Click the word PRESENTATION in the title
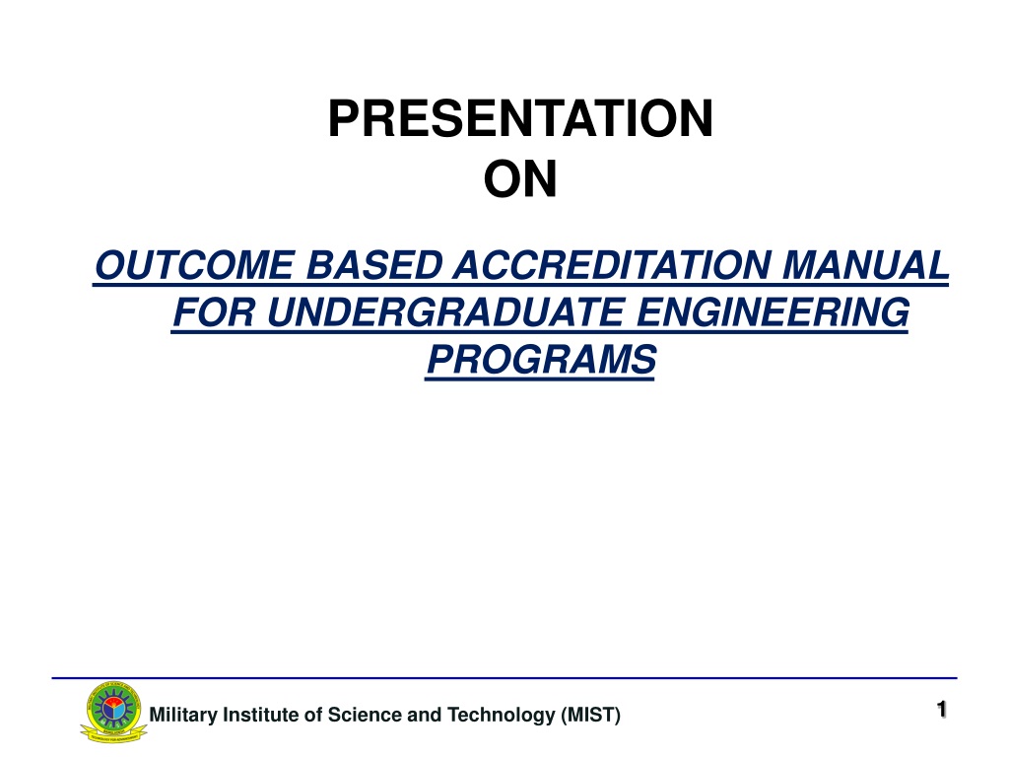520,118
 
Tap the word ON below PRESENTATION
520,179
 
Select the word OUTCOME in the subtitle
196,265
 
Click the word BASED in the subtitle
374,265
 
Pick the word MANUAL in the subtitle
865,265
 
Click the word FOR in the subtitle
214,312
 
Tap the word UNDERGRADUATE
445,312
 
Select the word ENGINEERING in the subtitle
773,312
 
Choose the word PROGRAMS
541,359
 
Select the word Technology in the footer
501,716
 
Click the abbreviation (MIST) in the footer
590,716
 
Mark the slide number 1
941,710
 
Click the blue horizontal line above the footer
504,678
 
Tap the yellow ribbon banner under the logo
113,733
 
